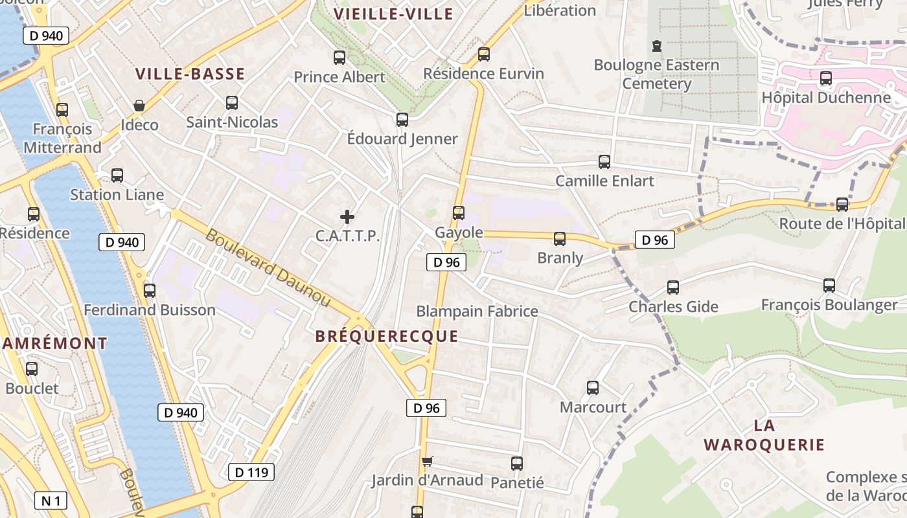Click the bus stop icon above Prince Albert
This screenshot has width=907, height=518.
(339, 58)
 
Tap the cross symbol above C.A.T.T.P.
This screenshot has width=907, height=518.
(347, 217)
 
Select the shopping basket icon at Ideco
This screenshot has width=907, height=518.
(139, 106)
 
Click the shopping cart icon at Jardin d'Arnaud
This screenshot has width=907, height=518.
(427, 462)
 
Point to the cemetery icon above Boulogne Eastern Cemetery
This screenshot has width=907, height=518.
(657, 46)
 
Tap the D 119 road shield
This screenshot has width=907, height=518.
(251, 472)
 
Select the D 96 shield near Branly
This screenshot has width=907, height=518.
(654, 240)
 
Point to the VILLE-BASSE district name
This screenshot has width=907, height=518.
(190, 74)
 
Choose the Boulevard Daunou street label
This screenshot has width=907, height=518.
(268, 268)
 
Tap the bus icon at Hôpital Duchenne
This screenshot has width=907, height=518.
(825, 78)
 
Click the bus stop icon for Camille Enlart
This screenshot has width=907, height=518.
(604, 162)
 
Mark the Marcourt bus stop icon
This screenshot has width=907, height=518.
(593, 388)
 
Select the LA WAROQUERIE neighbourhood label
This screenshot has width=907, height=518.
(764, 435)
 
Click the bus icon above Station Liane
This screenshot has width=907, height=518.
(117, 175)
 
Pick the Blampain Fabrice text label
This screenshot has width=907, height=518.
(477, 311)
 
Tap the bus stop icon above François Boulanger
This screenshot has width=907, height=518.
(829, 286)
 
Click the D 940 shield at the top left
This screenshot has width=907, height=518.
(46, 36)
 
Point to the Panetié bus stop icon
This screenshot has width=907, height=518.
(516, 464)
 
